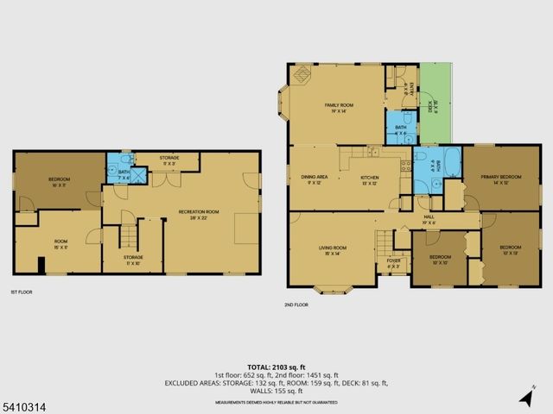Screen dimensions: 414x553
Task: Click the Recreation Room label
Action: point(199,211)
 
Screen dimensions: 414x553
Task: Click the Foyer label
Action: point(393,260)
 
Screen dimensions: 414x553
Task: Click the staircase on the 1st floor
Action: point(129,235)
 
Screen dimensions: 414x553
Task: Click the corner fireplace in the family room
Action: point(302,76)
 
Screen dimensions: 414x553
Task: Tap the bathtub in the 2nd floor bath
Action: point(425,163)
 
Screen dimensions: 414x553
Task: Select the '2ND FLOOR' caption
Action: point(296,304)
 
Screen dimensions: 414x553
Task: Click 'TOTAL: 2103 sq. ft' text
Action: point(276,367)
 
